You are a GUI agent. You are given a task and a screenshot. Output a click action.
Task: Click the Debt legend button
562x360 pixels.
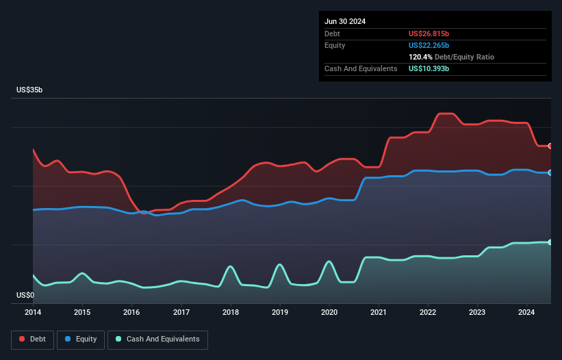[x=31, y=339]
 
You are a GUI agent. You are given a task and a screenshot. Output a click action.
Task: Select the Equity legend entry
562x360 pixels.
[x=81, y=339]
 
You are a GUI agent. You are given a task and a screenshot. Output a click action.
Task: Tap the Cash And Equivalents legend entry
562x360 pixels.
[x=157, y=339]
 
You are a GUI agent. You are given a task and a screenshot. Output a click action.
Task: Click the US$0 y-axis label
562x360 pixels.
[x=26, y=295]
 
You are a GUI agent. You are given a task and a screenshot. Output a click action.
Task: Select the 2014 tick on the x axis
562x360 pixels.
[x=33, y=313]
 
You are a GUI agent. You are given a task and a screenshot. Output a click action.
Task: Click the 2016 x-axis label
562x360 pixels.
[x=131, y=313]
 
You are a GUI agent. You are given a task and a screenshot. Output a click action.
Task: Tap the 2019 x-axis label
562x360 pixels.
[x=280, y=313]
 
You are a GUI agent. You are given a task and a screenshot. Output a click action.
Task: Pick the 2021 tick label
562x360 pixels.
[x=379, y=313]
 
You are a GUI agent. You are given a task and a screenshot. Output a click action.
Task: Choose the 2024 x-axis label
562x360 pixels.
[x=527, y=313]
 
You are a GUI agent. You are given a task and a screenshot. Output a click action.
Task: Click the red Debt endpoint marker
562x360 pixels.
[x=550, y=146]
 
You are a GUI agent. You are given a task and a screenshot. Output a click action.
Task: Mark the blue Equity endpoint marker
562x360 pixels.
[x=550, y=172]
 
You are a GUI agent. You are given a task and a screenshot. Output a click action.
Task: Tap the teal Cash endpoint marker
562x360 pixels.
[x=550, y=242]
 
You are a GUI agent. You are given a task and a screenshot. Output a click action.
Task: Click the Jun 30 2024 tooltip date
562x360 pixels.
[x=345, y=21]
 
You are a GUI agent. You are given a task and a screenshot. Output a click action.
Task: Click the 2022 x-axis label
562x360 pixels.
[x=428, y=313]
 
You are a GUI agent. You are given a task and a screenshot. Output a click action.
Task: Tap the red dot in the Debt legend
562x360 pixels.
[x=22, y=339]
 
